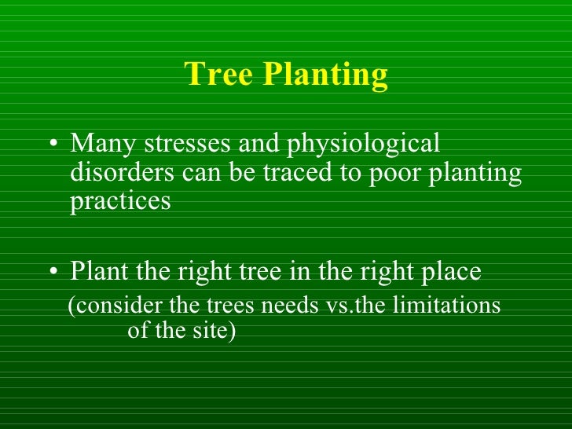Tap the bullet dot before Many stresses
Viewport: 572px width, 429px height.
52,145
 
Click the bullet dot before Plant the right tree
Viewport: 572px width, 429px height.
52,273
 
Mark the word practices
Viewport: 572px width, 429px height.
120,202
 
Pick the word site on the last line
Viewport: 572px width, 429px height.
211,331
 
